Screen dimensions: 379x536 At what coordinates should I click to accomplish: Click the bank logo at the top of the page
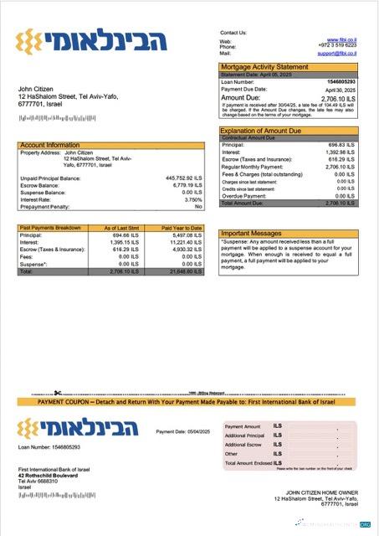93,40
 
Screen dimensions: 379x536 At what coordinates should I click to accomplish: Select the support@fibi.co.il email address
337,53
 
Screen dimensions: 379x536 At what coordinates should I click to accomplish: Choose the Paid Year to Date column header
182,228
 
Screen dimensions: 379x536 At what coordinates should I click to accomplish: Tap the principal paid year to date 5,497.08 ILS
187,235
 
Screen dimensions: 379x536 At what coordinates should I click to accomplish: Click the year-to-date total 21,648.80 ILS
185,271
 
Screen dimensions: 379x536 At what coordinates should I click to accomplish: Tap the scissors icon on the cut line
57,392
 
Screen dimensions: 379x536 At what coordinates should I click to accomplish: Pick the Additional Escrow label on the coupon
243,445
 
